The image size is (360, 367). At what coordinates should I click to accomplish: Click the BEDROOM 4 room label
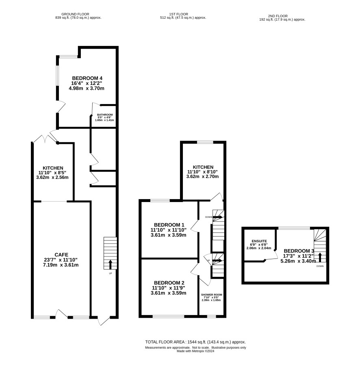(87, 78)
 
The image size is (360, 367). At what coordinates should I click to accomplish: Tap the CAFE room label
(61, 255)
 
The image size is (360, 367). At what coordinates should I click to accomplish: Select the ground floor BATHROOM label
(105, 115)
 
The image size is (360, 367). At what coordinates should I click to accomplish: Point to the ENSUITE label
(259, 241)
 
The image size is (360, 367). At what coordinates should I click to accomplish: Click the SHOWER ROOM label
(212, 295)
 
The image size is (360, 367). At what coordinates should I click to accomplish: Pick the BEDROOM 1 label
(169, 225)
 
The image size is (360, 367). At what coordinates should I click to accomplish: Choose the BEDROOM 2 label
(169, 283)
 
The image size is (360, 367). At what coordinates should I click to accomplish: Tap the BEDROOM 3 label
(299, 251)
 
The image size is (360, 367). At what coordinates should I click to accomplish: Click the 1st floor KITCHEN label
(203, 167)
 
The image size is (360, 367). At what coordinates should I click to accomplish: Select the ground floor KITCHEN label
(53, 168)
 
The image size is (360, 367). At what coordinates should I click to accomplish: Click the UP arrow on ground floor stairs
(110, 264)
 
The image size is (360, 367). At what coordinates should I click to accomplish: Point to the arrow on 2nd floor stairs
(320, 257)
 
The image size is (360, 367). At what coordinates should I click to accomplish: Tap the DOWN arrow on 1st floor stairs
(217, 217)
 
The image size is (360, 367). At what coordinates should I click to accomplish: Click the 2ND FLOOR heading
(278, 16)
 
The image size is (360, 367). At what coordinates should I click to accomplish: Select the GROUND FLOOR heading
(75, 14)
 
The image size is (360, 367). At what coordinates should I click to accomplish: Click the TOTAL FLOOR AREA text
(195, 342)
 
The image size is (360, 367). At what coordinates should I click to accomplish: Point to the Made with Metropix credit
(195, 351)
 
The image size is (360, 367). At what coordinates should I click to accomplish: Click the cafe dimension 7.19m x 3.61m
(61, 265)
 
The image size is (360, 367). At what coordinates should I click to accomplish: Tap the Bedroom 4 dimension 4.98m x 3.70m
(87, 88)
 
